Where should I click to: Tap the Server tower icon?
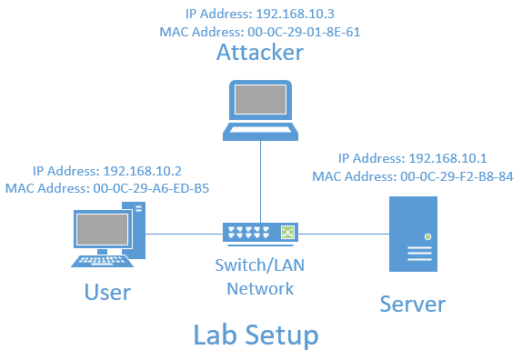[x=410, y=234]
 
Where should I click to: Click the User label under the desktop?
[x=107, y=292]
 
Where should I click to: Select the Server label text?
[x=412, y=303]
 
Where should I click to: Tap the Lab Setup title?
[x=256, y=335]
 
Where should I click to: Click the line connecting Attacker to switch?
[x=261, y=182]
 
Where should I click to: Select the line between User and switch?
[x=182, y=234]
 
